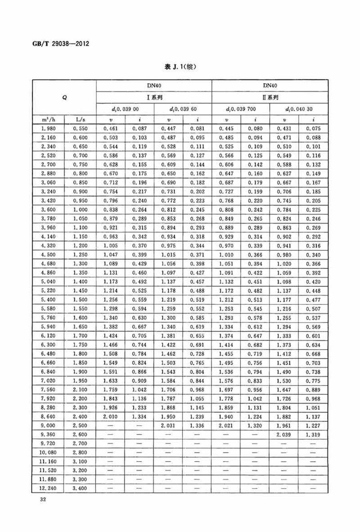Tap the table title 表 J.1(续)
pyautogui.click(x=180, y=67)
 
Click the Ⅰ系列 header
pyautogui.click(x=154, y=97)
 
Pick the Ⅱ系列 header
pyautogui.click(x=270, y=97)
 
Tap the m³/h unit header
pyautogui.click(x=48, y=119)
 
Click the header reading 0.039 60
pyautogui.click(x=183, y=109)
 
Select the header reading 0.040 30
pyautogui.click(x=298, y=109)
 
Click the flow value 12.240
pyautogui.click(x=48, y=488)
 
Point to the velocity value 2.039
pyautogui.click(x=284, y=434)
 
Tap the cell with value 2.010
pyautogui.click(x=110, y=416)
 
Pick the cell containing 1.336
pyautogui.click(x=197, y=426)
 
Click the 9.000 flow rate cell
pyautogui.click(x=48, y=426)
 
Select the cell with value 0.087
pyautogui.click(x=140, y=128)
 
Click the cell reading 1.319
pyautogui.click(x=313, y=434)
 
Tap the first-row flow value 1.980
pyautogui.click(x=48, y=128)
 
